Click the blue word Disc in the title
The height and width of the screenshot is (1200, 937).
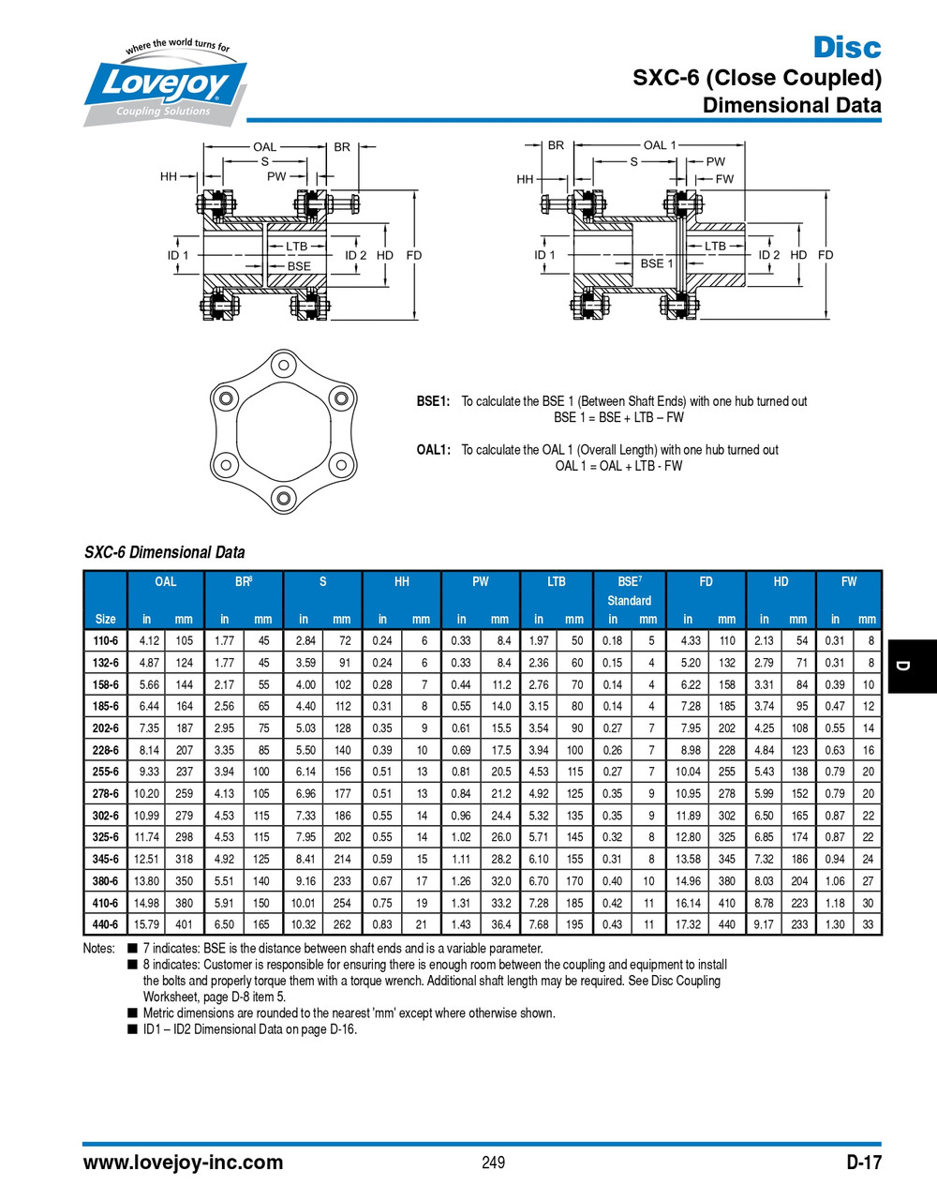point(846,47)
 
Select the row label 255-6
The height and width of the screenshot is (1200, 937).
point(106,772)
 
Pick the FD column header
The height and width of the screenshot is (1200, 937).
point(706,582)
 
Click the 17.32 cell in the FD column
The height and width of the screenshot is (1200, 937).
point(688,924)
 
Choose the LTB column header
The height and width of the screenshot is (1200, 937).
point(557,582)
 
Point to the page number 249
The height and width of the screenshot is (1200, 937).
point(493,1162)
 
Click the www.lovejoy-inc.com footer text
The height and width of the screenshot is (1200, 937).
point(184,1162)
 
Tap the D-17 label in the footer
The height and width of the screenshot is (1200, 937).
point(863,1162)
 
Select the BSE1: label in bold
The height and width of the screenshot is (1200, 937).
point(433,401)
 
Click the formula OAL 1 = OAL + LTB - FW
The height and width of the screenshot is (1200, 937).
point(618,466)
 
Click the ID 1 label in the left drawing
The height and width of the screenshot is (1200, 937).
point(178,255)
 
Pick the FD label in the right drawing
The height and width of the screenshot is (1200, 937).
point(825,255)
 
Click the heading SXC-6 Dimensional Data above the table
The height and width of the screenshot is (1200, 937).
point(165,552)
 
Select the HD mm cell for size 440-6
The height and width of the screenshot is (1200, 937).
point(798,924)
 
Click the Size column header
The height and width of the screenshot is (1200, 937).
point(106,619)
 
